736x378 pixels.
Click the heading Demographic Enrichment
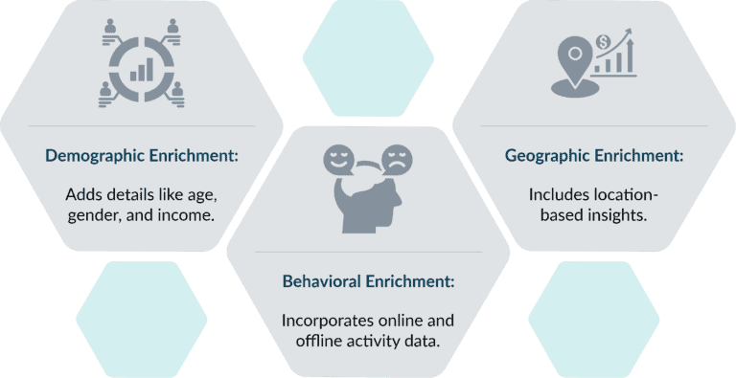pos(142,156)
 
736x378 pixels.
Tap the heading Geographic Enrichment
pos(594,155)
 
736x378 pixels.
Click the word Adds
pos(83,194)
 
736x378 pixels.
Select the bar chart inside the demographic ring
pos(141,67)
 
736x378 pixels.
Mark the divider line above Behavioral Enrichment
pos(368,252)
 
